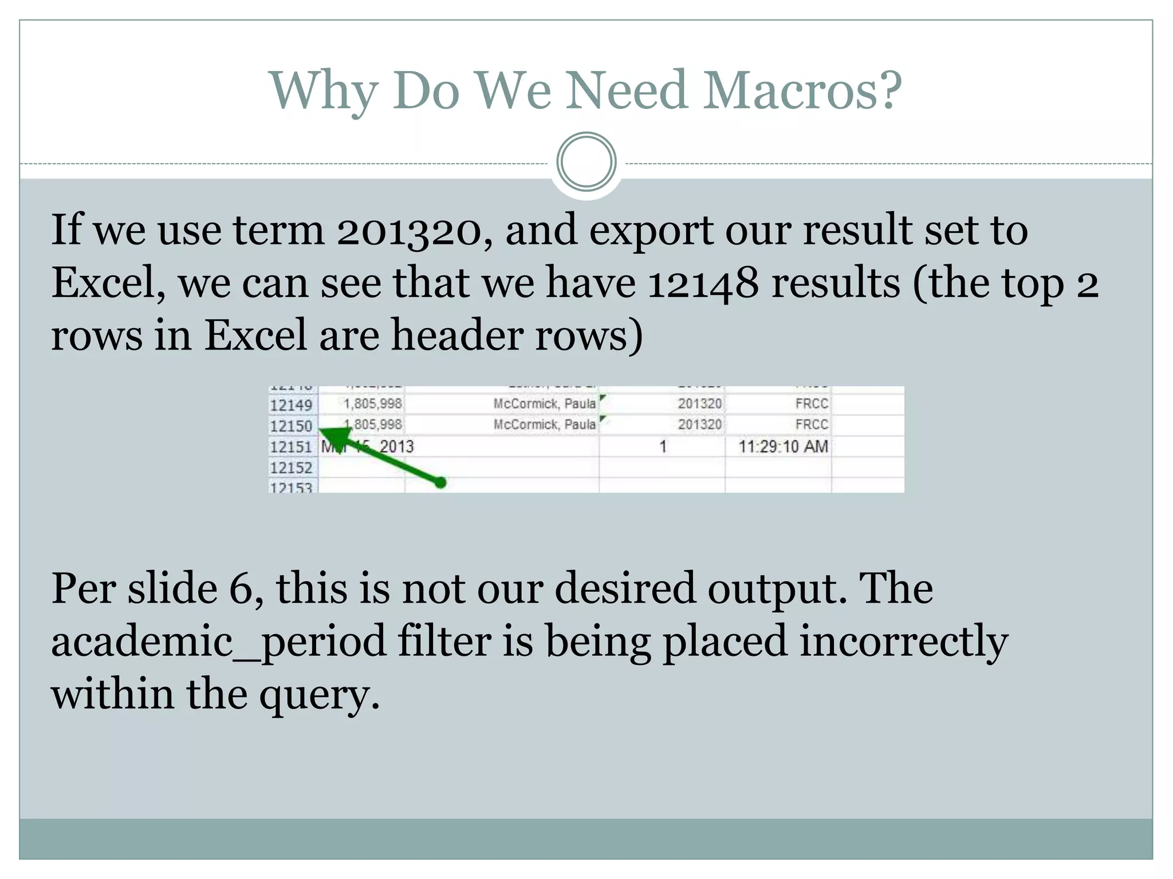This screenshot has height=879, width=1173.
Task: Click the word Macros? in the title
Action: point(802,90)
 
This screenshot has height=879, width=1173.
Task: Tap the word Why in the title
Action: point(323,90)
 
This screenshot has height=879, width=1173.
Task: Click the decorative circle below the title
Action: point(586,162)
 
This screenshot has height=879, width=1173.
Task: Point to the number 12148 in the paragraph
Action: point(703,283)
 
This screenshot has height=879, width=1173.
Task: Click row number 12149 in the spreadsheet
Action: point(291,405)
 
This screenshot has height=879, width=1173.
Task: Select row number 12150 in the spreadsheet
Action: point(291,426)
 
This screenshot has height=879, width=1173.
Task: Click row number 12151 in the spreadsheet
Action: point(291,447)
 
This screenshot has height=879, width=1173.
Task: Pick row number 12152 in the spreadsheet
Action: point(291,468)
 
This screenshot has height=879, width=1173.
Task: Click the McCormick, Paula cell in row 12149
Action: point(544,404)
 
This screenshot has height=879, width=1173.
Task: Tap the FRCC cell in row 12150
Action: point(811,425)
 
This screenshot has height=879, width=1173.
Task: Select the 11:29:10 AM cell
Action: point(782,446)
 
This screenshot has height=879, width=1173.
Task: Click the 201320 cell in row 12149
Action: point(699,404)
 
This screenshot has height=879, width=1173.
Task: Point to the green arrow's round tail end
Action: point(440,483)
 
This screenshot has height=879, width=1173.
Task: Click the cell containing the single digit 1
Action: point(663,446)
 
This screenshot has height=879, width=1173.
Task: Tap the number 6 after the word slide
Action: point(241,588)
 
